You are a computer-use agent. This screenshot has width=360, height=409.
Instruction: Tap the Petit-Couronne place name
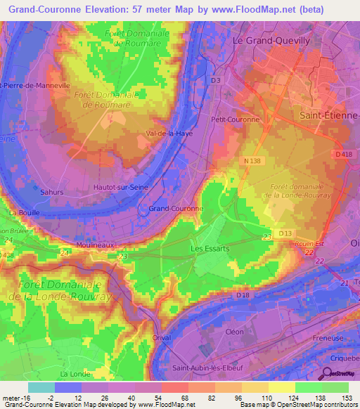pos(240,119)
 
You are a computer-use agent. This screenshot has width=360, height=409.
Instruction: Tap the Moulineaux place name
pos(96,244)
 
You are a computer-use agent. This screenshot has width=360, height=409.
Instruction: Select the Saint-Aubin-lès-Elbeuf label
pos(215,368)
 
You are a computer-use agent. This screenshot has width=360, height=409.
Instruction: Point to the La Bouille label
pos(25,212)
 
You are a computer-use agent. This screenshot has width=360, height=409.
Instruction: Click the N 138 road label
pos(252,161)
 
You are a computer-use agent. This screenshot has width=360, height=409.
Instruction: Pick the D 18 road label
pos(243,295)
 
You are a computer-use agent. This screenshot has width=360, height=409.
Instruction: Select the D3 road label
pos(216,81)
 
